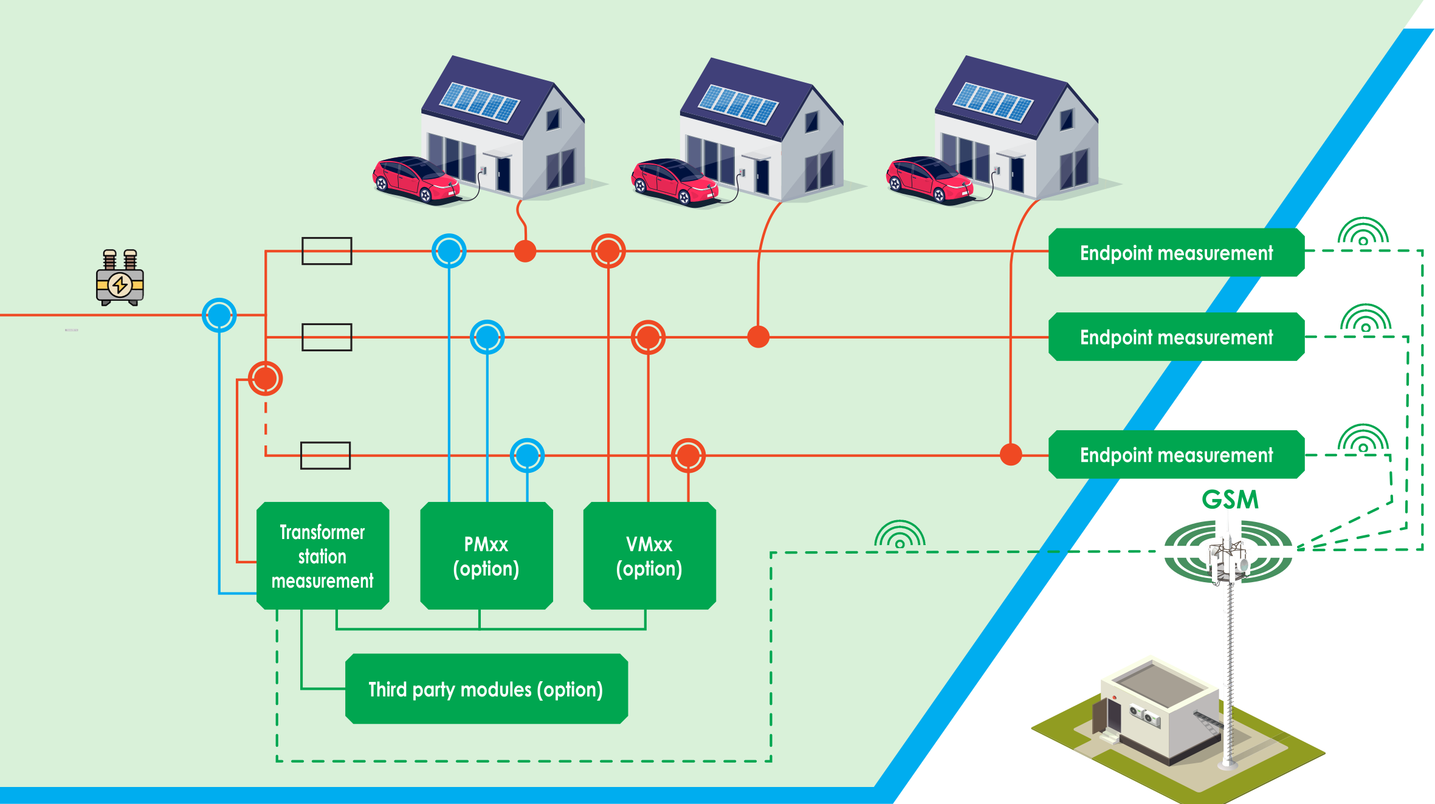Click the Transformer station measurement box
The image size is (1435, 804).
pyautogui.click(x=323, y=555)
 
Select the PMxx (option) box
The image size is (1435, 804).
pyautogui.click(x=486, y=555)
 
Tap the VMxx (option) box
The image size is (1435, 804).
pyautogui.click(x=649, y=555)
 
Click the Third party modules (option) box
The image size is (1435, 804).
pyautogui.click(x=486, y=689)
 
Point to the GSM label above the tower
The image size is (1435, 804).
pyautogui.click(x=1230, y=500)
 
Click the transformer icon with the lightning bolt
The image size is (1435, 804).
pyautogui.click(x=120, y=277)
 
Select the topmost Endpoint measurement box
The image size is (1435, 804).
pyautogui.click(x=1176, y=252)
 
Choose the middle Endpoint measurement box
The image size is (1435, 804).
pyautogui.click(x=1176, y=337)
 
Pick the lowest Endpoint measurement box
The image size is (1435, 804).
pyautogui.click(x=1176, y=455)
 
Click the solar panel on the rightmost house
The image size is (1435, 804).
pyautogui.click(x=993, y=101)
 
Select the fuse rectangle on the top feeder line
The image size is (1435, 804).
pyautogui.click(x=327, y=251)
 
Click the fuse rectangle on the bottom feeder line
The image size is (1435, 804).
pyautogui.click(x=326, y=455)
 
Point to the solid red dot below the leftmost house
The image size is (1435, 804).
pyautogui.click(x=525, y=251)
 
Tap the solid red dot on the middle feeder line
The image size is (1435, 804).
pyautogui.click(x=758, y=337)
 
